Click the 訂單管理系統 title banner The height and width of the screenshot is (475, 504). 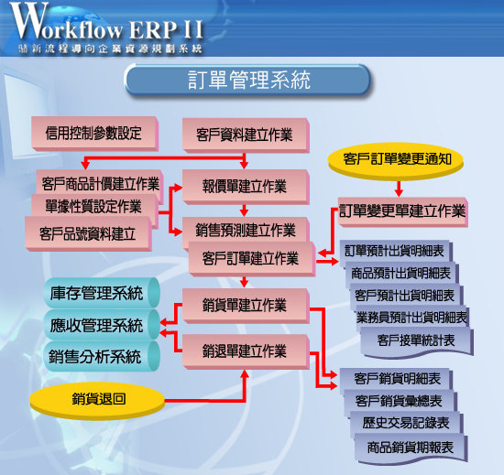tap(247, 80)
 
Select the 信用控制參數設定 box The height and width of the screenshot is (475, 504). tap(94, 134)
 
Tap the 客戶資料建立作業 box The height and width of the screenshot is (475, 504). tap(246, 135)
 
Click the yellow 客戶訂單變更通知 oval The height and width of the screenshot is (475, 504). tap(396, 160)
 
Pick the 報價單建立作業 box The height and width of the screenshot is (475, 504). tap(246, 187)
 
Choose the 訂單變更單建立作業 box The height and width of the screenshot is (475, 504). tap(403, 211)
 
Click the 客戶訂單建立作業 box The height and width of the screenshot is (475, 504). tap(252, 259)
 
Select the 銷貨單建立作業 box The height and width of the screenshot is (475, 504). tap(246, 306)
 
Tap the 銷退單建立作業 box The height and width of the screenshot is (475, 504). tap(246, 351)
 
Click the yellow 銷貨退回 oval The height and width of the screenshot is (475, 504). tap(97, 400)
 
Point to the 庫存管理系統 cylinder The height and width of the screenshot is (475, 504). tap(102, 294)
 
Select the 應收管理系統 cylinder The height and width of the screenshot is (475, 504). tap(102, 325)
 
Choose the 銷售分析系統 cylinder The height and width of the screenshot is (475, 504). tap(102, 356)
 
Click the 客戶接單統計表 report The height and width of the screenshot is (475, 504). tap(417, 341)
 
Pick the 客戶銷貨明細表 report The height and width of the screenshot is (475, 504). tap(396, 378)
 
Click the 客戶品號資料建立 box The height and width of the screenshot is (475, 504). tap(88, 234)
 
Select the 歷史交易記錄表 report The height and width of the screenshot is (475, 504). tap(407, 423)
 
